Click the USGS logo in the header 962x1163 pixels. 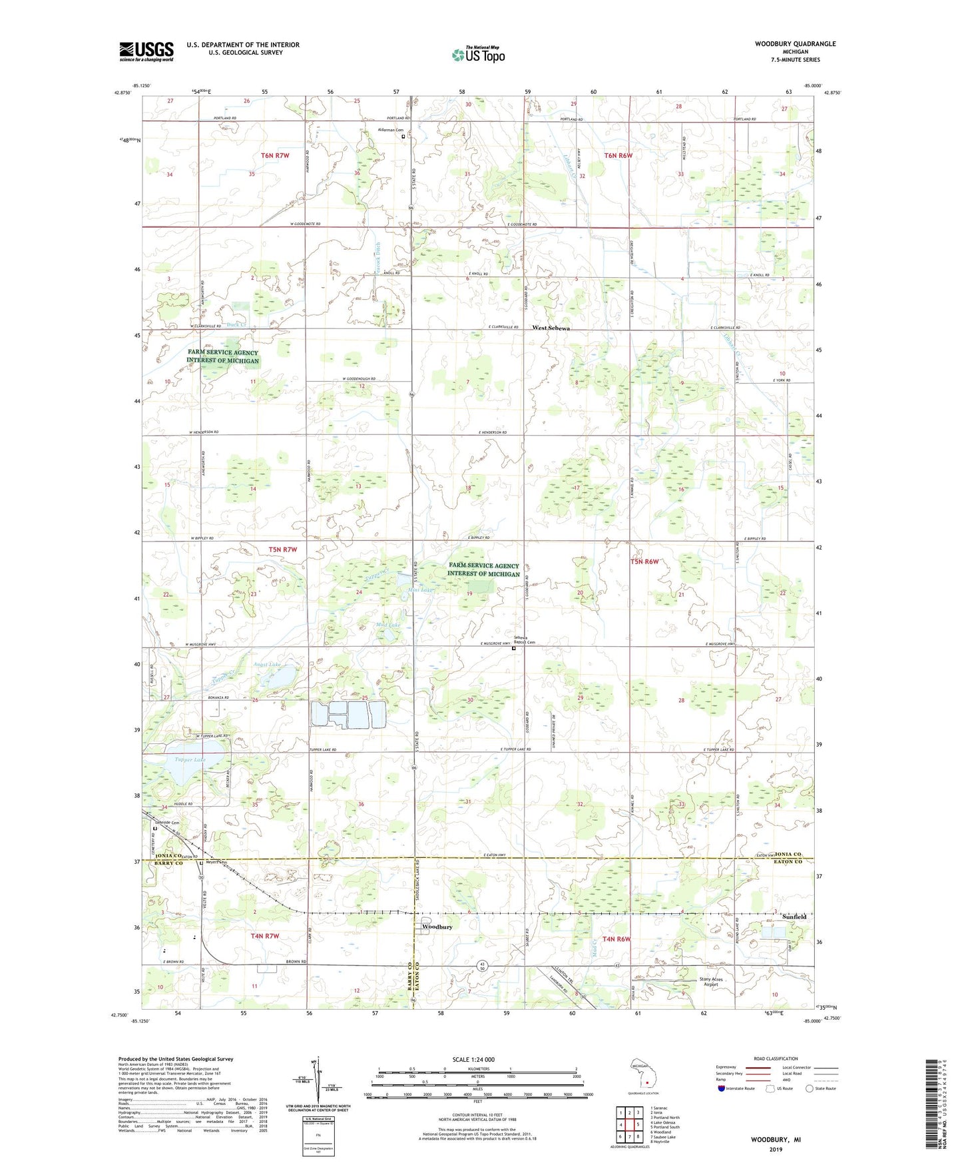(146, 51)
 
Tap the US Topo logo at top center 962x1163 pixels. (477, 55)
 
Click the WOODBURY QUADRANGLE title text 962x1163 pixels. (795, 44)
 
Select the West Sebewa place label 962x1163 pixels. (551, 328)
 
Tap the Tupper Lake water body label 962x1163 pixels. (190, 759)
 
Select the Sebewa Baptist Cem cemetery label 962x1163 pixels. (523, 639)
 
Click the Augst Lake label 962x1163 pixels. (267, 665)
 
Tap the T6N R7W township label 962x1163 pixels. (275, 155)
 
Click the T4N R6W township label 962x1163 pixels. (616, 939)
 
